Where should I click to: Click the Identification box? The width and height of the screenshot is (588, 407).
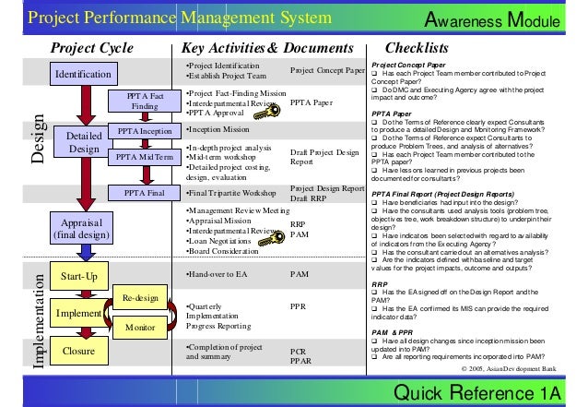(82, 74)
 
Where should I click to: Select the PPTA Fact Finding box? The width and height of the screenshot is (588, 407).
(144, 102)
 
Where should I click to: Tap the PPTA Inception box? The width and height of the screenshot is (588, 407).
(145, 131)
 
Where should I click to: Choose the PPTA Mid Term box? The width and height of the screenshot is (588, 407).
(145, 158)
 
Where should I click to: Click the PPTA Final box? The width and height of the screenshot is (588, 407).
(144, 193)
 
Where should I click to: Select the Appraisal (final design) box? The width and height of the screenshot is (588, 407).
(84, 228)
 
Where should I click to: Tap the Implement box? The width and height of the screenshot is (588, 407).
(80, 313)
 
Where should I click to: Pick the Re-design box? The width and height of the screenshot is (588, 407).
(141, 299)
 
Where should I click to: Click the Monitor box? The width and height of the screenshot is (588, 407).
(141, 327)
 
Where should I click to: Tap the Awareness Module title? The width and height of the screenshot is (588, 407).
(501, 19)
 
